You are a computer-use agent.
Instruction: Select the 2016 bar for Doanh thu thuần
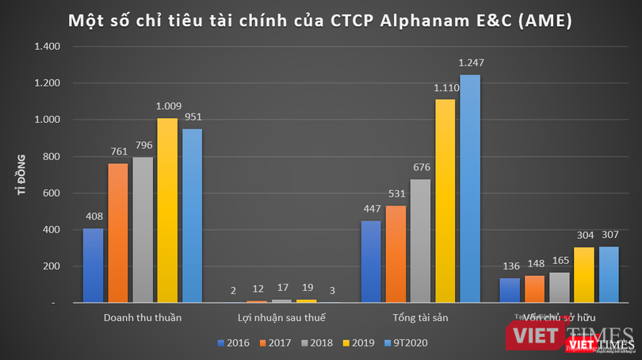[93, 266]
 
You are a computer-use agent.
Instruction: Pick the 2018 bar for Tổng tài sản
[420, 241]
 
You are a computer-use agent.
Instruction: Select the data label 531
[396, 194]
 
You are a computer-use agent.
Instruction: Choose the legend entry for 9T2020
[407, 343]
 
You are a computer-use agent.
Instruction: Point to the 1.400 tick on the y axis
[46, 47]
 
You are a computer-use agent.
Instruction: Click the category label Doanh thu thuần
[143, 318]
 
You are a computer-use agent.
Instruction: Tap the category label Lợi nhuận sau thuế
[281, 318]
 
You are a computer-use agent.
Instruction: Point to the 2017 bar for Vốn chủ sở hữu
[534, 289]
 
